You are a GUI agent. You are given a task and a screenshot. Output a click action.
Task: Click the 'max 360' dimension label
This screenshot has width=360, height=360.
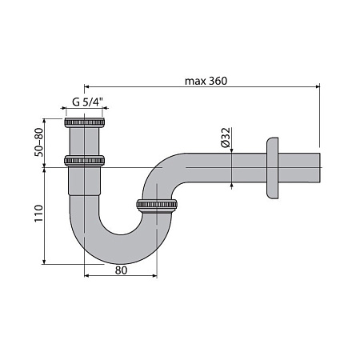coord(206,81)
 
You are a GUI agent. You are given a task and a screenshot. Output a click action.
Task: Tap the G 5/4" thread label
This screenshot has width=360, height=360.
coord(87,102)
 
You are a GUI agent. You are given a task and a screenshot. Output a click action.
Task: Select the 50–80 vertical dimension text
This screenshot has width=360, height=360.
coord(38,142)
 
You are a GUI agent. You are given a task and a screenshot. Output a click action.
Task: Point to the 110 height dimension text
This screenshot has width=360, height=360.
coord(38,213)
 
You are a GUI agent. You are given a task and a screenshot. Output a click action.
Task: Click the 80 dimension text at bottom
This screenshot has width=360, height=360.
coord(121,270)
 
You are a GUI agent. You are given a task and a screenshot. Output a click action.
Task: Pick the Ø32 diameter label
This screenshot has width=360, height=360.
coord(226,138)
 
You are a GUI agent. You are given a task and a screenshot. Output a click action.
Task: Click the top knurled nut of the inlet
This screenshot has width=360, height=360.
coord(84,122)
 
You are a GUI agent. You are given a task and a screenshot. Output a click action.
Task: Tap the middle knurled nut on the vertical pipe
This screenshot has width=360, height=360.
coord(84,161)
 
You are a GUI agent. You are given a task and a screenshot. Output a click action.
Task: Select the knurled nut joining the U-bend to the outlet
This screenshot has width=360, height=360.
coord(157,205)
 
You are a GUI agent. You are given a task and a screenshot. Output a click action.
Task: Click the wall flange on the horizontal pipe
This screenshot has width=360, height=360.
coord(272,168)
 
